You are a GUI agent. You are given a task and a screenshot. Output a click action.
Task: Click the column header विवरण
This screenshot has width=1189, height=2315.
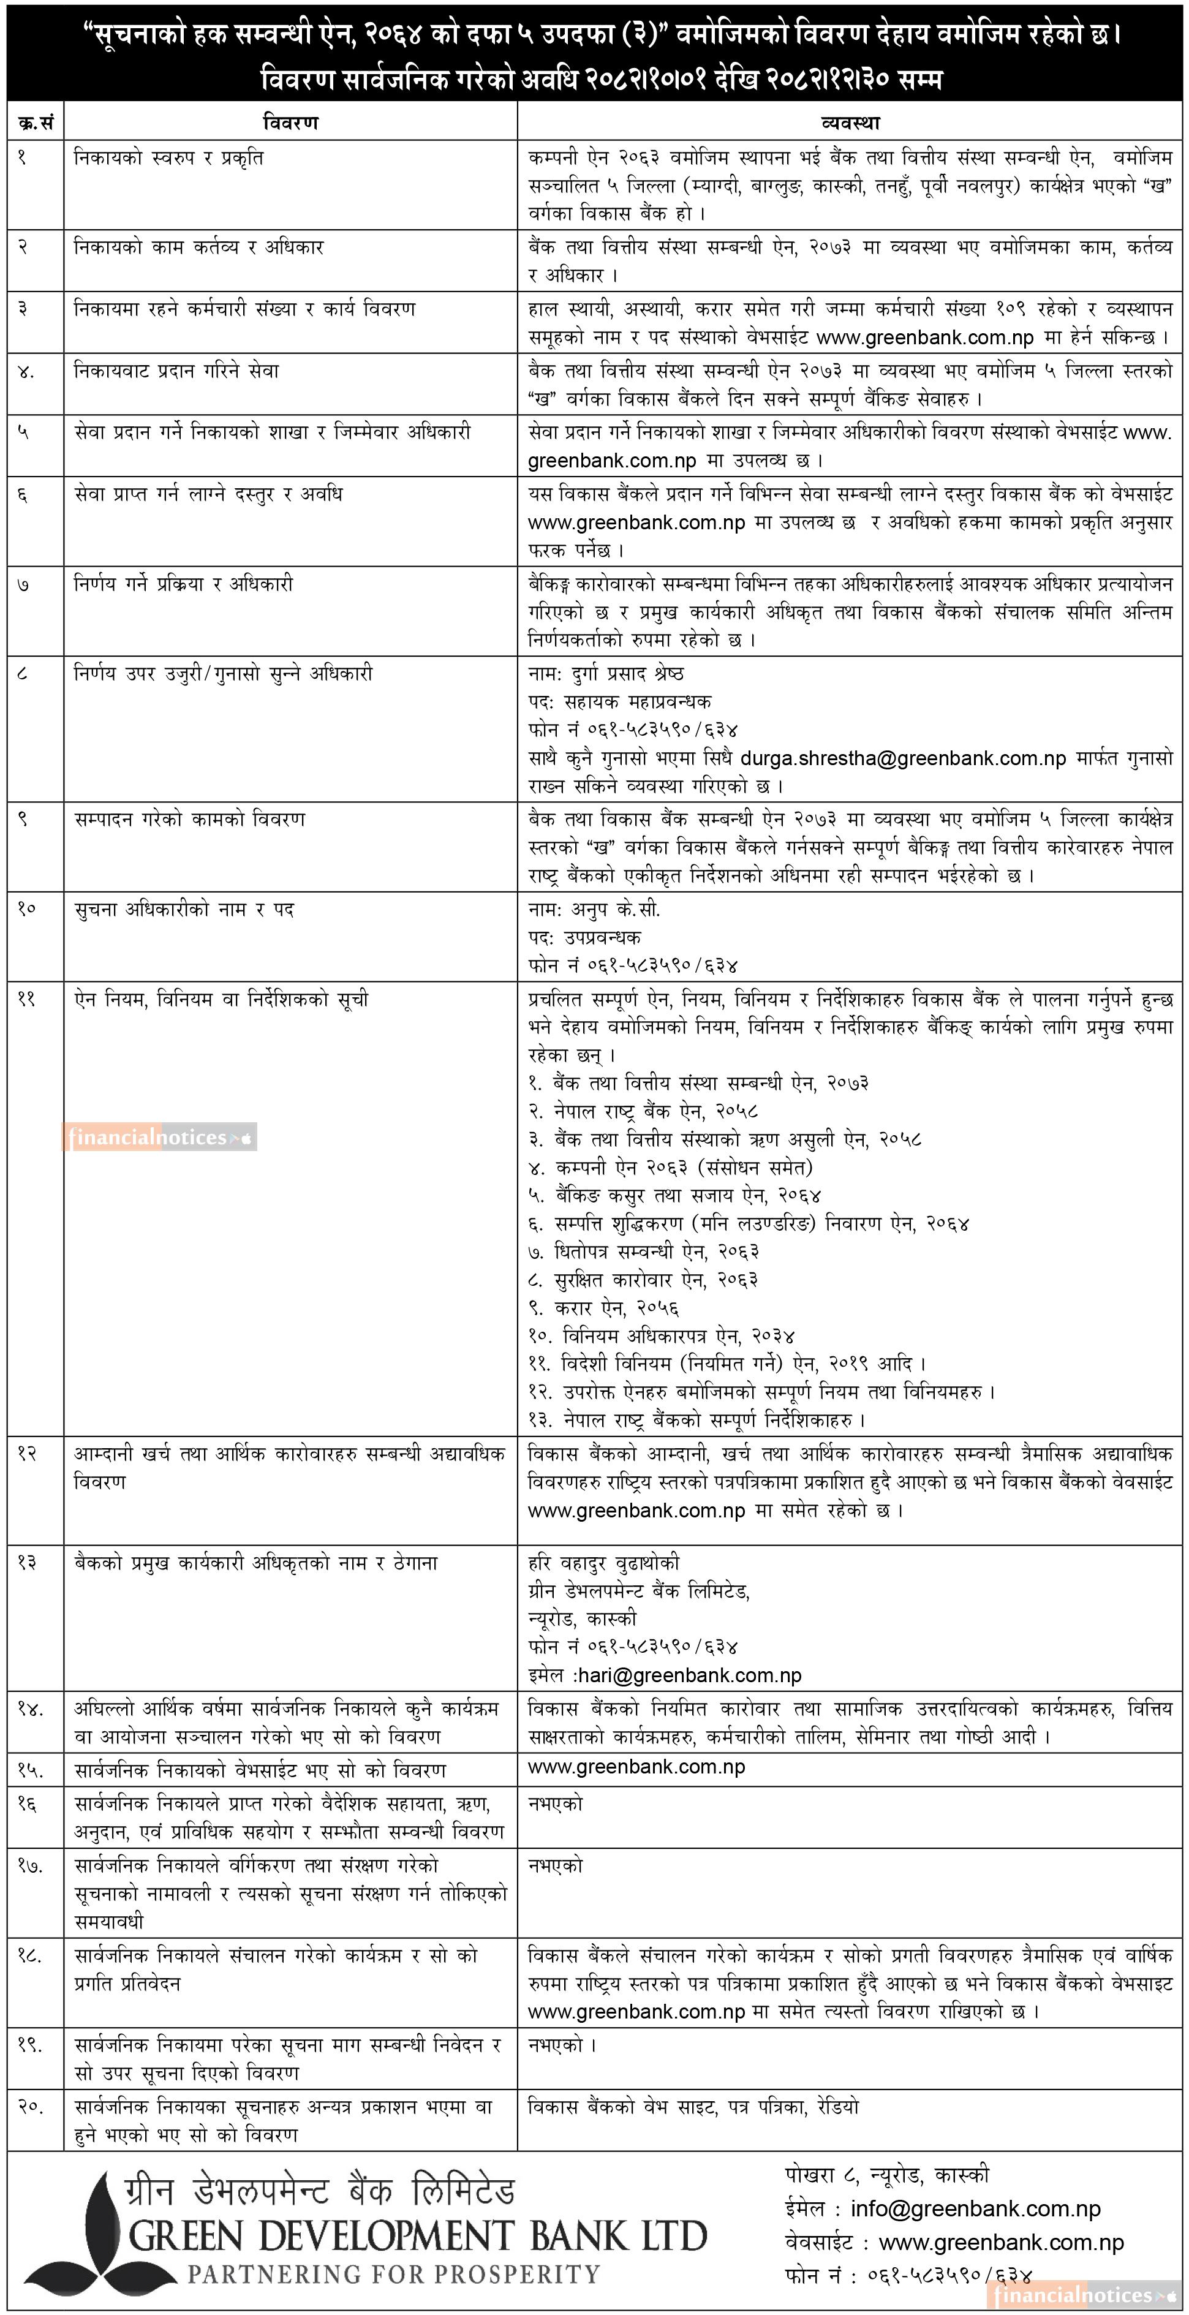click(x=290, y=123)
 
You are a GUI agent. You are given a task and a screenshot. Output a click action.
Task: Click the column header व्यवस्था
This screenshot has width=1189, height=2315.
click(x=849, y=123)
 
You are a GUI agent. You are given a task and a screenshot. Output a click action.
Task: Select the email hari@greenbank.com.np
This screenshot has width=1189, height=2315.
click(x=689, y=1675)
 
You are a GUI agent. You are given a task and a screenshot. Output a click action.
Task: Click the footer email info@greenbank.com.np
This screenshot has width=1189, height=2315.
click(x=975, y=2209)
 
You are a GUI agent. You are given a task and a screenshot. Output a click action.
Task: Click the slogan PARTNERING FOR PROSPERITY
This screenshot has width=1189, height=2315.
click(x=394, y=2275)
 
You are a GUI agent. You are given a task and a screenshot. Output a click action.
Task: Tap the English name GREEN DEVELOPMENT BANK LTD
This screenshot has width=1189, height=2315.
click(x=418, y=2237)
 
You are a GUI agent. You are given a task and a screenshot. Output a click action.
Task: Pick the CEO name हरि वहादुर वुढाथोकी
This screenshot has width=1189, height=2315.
click(x=604, y=1563)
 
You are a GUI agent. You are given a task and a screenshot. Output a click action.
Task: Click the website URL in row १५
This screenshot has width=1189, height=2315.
click(x=636, y=1767)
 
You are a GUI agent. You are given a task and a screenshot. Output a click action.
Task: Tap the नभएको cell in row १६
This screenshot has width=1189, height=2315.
click(x=556, y=1803)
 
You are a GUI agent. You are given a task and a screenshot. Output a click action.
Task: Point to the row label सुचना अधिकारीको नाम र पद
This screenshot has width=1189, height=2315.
click(x=184, y=910)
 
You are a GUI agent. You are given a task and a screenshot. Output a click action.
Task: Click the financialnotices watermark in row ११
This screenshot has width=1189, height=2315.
click(x=160, y=1137)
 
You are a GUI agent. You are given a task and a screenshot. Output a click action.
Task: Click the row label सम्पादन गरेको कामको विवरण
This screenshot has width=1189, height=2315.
click(x=190, y=820)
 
